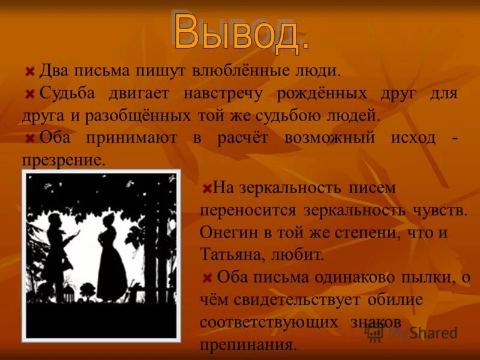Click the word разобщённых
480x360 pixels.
[x=139, y=115]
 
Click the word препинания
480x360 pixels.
[x=248, y=344]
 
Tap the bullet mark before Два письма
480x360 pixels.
[x=29, y=71]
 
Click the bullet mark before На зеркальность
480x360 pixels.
[x=206, y=188]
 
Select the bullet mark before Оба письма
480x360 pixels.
[x=207, y=277]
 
